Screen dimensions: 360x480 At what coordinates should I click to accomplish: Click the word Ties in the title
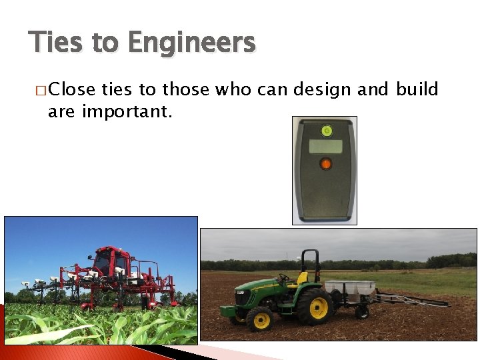click(56, 43)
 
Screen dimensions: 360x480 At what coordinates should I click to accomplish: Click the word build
click(417, 89)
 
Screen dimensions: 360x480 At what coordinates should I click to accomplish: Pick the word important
click(127, 111)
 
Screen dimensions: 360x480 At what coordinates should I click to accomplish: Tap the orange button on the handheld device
click(325, 163)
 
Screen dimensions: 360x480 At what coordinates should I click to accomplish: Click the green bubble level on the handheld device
click(325, 130)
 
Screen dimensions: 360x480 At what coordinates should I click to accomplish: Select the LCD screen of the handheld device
click(325, 146)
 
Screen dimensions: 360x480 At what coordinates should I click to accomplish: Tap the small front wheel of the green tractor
click(259, 319)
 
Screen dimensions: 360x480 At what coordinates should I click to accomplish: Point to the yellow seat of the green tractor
click(302, 277)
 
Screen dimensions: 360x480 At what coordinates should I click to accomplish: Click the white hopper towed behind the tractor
click(349, 288)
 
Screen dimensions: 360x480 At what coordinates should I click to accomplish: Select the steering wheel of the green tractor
click(284, 276)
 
